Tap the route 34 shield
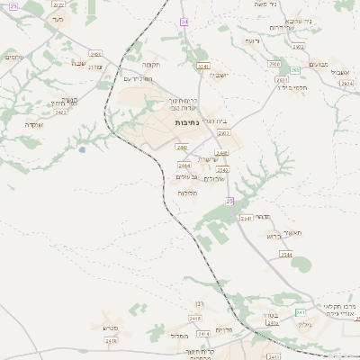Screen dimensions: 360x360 pyautogui.click(x=183, y=20)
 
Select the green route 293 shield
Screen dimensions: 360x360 pyautogui.click(x=294, y=69)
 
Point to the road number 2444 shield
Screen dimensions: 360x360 pyautogui.click(x=184, y=166)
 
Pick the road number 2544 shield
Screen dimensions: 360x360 pyautogui.click(x=285, y=255)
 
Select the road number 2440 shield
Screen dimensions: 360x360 pyautogui.click(x=182, y=147)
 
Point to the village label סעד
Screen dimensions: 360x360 pyautogui.click(x=58, y=18)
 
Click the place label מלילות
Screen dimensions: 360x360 pyautogui.click(x=187, y=193)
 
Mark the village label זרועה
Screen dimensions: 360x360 pyautogui.click(x=251, y=40)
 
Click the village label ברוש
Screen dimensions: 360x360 pyautogui.click(x=274, y=236)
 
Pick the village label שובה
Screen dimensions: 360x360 pyautogui.click(x=77, y=63)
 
